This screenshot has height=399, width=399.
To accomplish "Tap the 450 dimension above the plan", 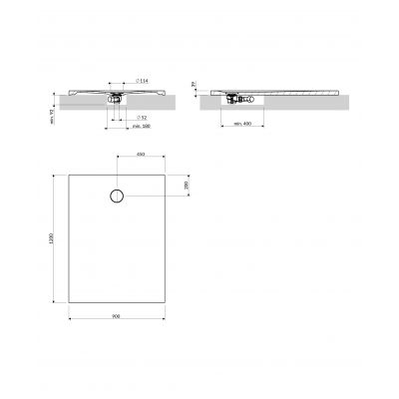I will (x=141, y=156).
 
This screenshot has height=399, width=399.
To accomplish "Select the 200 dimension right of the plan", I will (x=187, y=187).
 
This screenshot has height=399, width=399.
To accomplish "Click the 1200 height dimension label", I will (x=50, y=240).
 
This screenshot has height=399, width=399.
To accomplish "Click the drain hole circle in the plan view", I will (x=118, y=196).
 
